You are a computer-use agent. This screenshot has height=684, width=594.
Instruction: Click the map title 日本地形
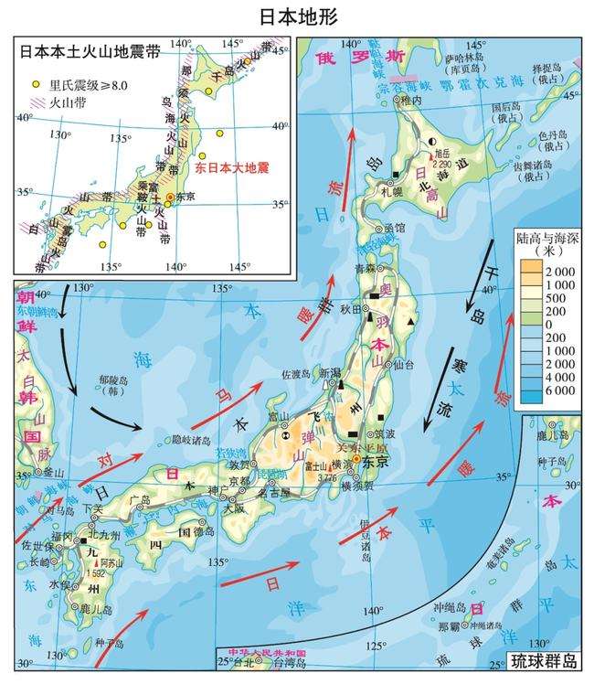tap(297, 16)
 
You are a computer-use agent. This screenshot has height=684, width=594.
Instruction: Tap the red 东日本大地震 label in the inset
tap(233, 169)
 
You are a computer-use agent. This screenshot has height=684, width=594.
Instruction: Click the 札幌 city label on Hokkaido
tap(391, 193)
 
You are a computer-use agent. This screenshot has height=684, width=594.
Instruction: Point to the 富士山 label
tap(324, 465)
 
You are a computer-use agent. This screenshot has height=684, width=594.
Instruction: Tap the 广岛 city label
tap(140, 500)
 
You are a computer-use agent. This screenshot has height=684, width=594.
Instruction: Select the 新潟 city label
tap(329, 372)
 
